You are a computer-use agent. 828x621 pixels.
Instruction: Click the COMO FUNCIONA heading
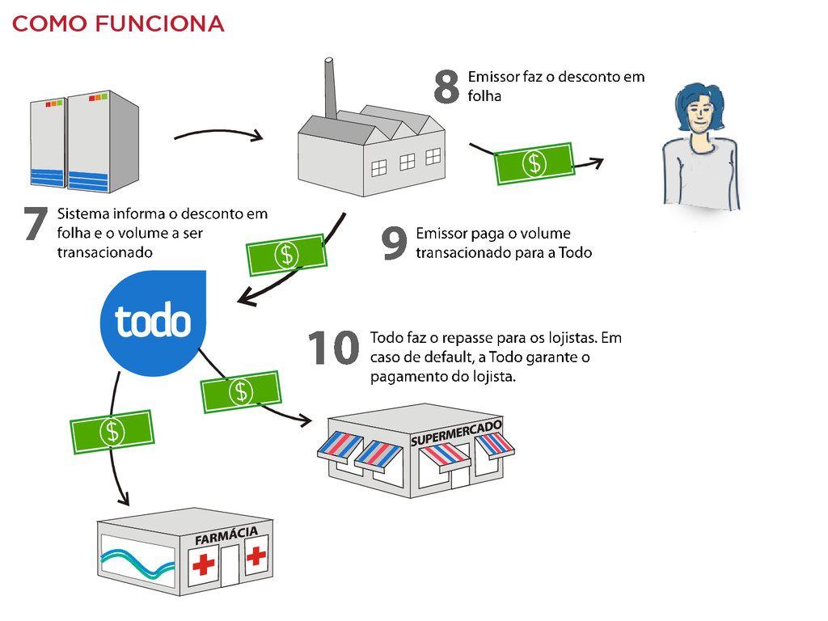pos(118,24)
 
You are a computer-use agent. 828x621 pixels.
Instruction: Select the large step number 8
pos(447,87)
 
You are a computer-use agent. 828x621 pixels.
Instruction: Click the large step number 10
pos(333,349)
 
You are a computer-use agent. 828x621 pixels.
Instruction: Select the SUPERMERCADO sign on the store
pos(456,433)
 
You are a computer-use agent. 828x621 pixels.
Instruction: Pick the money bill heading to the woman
pos(534,163)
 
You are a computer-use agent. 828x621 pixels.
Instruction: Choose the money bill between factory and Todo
pos(286,254)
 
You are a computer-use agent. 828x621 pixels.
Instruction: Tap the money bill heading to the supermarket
pos(240,392)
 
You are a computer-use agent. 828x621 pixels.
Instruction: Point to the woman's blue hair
pos(699,97)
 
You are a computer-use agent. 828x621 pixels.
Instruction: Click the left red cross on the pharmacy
pos(204,564)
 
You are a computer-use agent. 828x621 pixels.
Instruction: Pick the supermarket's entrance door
pos(459,477)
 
